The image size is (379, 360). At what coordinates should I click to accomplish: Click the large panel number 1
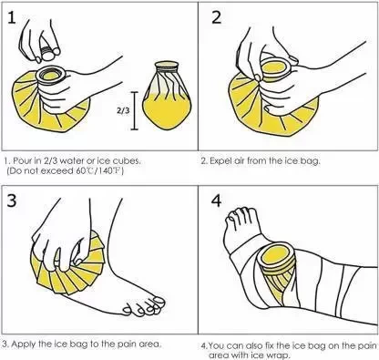(x=12, y=17)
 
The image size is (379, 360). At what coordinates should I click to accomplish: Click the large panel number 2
(x=216, y=17)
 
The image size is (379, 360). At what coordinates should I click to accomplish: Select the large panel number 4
(x=217, y=201)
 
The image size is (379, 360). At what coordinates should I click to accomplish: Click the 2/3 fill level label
(x=123, y=110)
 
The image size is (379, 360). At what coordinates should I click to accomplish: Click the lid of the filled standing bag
(x=167, y=65)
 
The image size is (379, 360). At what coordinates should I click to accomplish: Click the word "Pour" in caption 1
(x=23, y=160)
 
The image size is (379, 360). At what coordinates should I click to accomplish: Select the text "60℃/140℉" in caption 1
(x=99, y=171)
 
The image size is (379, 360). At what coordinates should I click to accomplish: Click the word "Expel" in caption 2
(x=220, y=160)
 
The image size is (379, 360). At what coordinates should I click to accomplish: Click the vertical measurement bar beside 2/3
(x=134, y=110)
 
